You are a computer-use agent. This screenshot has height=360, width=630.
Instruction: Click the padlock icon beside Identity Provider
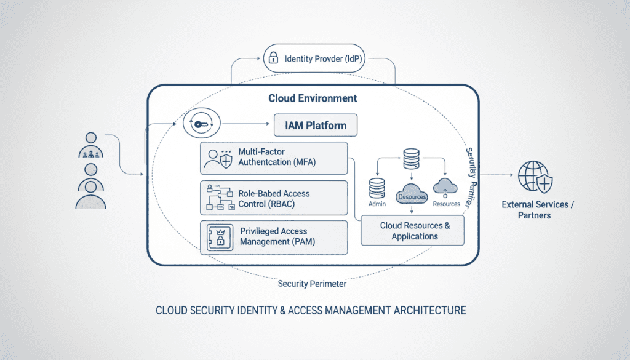(272, 59)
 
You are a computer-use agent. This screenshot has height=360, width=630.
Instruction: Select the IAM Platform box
(316, 126)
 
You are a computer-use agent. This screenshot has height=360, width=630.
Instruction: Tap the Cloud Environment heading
(313, 98)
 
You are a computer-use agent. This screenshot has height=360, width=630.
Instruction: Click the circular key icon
(201, 124)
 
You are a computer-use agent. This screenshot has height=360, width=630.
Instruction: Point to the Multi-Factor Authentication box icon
(218, 158)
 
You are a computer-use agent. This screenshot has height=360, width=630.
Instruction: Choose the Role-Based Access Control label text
(274, 198)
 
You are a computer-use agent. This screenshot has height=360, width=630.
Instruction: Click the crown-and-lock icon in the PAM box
(218, 237)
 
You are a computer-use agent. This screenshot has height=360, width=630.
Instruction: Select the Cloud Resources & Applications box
(414, 231)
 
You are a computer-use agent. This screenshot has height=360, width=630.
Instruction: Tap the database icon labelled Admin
(377, 188)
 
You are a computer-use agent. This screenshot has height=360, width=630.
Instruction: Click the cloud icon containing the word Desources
(412, 193)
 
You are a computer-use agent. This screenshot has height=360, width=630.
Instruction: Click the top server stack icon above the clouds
(412, 159)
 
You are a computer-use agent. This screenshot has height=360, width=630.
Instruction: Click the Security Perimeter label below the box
(312, 284)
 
